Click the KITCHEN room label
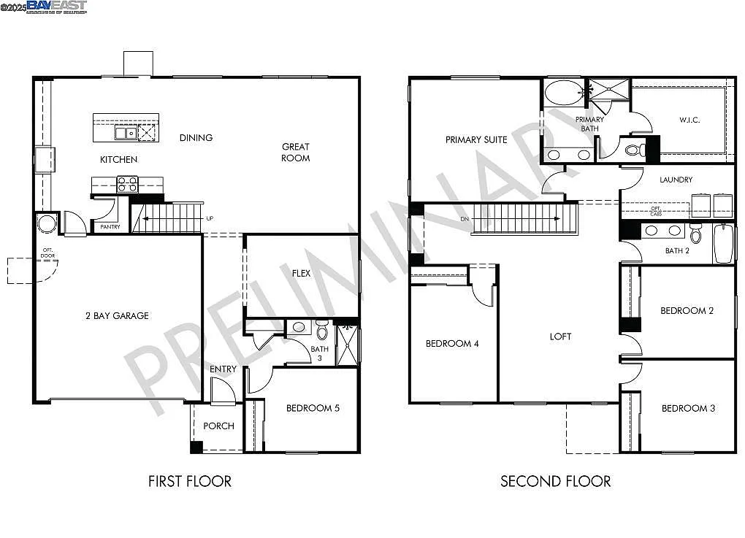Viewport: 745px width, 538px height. click(x=118, y=159)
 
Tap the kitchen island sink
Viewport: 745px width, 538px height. click(x=125, y=133)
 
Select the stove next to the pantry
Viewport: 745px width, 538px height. click(x=127, y=184)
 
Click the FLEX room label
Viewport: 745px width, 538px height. click(x=301, y=274)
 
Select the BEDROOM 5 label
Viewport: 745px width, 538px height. click(x=312, y=408)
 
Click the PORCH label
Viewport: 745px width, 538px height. click(x=218, y=426)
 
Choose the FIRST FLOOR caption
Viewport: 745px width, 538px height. click(x=189, y=481)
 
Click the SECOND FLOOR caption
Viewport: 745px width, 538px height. click(x=555, y=481)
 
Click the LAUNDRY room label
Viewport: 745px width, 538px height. click(x=676, y=180)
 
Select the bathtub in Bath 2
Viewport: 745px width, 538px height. click(x=723, y=244)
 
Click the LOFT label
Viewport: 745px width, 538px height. click(x=560, y=337)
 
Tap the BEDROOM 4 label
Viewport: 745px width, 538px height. click(x=452, y=344)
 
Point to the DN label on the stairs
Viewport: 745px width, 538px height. click(x=465, y=218)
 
